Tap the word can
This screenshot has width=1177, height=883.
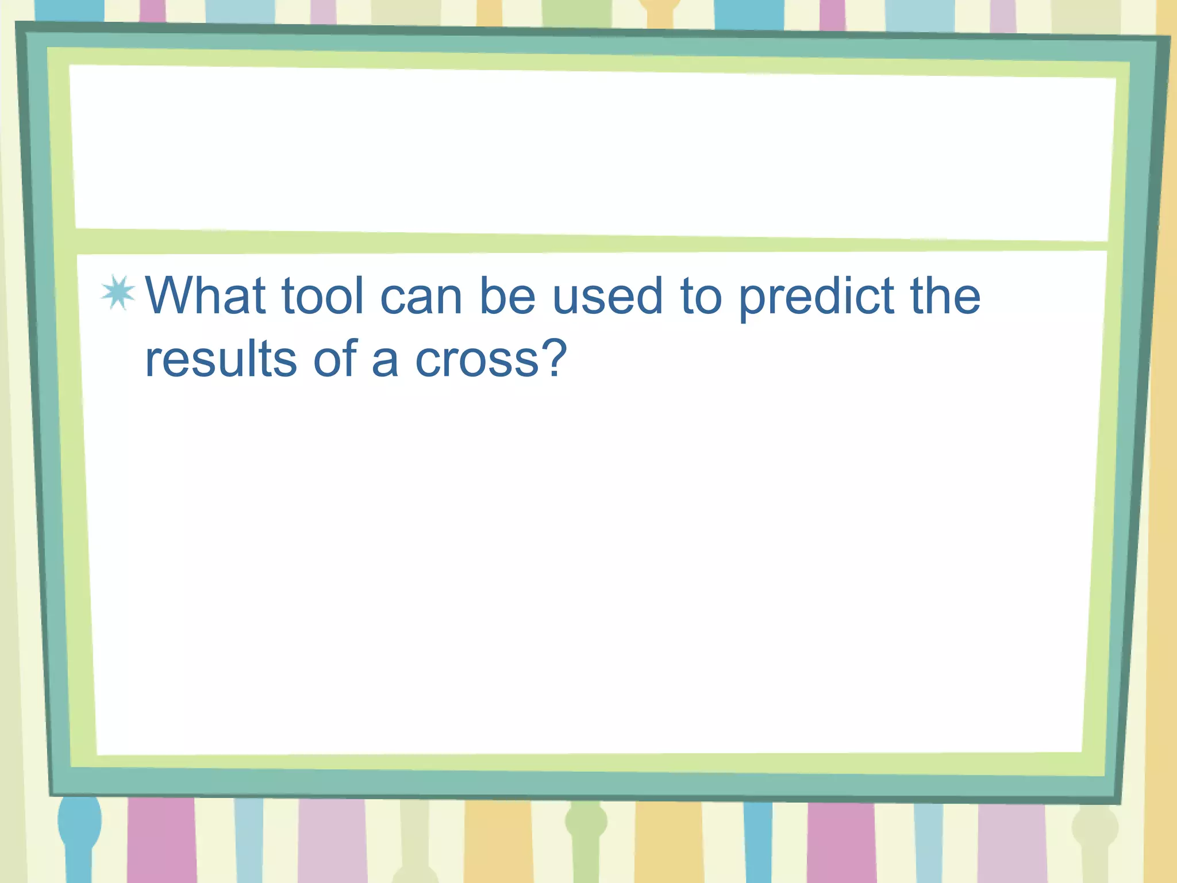point(421,297)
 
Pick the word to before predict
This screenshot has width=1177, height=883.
point(701,297)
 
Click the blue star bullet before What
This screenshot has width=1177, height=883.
point(118,293)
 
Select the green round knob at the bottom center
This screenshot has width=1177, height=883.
point(586,822)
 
